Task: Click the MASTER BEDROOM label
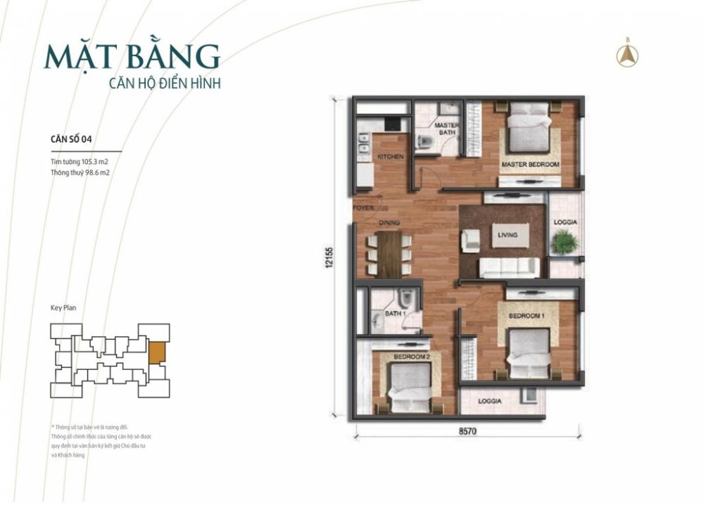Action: pyautogui.click(x=530, y=165)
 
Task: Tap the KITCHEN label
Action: pyautogui.click(x=391, y=156)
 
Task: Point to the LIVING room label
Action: pyautogui.click(x=507, y=235)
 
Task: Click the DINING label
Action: pyautogui.click(x=389, y=223)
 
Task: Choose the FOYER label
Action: pyautogui.click(x=363, y=208)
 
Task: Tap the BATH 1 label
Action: pyautogui.click(x=394, y=314)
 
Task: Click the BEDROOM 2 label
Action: pyautogui.click(x=411, y=357)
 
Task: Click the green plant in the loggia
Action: pyautogui.click(x=565, y=242)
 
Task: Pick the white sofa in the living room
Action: pyautogui.click(x=510, y=267)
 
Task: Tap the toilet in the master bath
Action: pyautogui.click(x=425, y=143)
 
